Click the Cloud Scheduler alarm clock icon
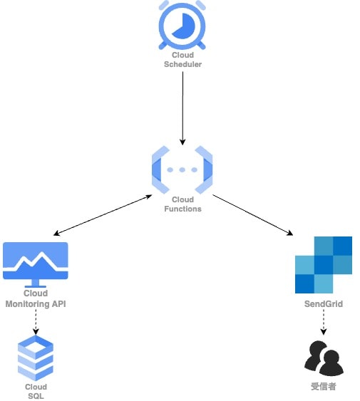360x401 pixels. tap(182, 25)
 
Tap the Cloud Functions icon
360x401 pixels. tap(182, 170)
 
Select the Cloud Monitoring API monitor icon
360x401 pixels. tap(36, 265)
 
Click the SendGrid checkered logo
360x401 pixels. tap(324, 265)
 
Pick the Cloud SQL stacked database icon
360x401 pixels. tap(36, 358)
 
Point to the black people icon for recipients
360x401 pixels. tap(324, 358)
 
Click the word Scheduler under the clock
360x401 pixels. tap(182, 64)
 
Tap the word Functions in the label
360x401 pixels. tap(182, 209)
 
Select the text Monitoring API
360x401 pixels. tap(36, 304)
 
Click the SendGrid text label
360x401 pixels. tap(324, 304)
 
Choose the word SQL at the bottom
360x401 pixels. tap(36, 396)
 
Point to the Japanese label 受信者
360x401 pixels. tap(324, 386)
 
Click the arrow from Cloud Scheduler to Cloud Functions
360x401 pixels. tap(182, 108)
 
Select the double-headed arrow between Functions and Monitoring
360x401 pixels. tap(103, 215)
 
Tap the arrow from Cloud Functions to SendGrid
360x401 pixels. tap(253, 215)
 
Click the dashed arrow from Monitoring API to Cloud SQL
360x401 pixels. tap(36, 322)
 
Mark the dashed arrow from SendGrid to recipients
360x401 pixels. tap(324, 322)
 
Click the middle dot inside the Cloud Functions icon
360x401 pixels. tap(182, 170)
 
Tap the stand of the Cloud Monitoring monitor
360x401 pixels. tap(36, 283)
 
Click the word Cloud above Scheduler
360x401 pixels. tap(182, 55)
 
